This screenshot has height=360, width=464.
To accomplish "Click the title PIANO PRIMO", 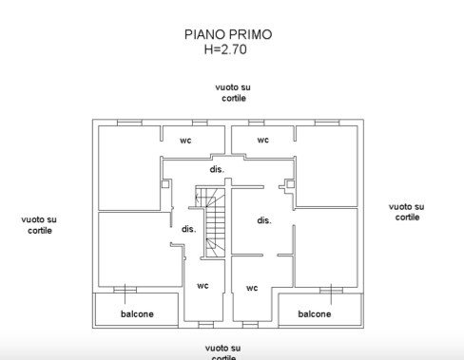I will (227, 34).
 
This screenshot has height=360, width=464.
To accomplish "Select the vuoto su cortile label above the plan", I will (233, 92).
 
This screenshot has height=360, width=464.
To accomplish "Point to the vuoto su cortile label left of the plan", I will (39, 224).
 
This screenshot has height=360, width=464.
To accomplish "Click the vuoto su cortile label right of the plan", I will (406, 211).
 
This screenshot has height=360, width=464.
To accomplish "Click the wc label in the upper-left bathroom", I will (185, 140).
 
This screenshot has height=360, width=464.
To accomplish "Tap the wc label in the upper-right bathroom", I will (262, 140).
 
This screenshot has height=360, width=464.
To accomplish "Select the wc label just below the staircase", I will (203, 285).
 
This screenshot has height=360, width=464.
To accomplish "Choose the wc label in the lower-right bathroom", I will (252, 288).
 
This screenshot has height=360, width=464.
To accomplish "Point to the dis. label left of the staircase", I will (188, 228).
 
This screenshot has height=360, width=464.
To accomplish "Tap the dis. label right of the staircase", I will (263, 220).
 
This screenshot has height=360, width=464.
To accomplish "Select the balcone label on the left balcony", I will (137, 313).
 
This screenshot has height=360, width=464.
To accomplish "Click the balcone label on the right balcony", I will (315, 313).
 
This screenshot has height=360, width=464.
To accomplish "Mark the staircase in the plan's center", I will (213, 221).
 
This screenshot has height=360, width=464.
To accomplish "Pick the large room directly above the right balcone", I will (326, 247).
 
